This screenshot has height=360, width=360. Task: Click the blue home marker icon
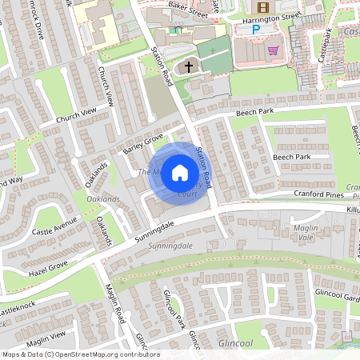point(180,173)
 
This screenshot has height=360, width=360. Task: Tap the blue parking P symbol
point(257,30)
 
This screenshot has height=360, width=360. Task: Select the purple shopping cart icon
point(274,49)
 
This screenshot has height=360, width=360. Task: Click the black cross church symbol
point(189,67)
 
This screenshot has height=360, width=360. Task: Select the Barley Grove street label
point(142,140)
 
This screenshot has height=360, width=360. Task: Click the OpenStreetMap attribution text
point(80,354)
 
